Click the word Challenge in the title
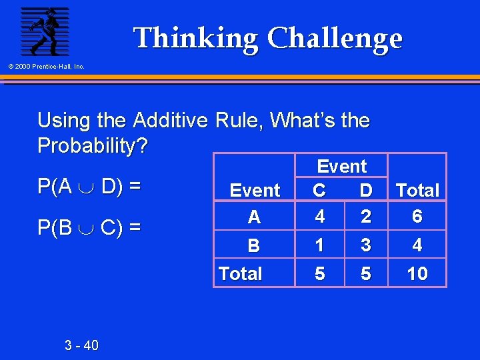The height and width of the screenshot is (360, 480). [x=335, y=39]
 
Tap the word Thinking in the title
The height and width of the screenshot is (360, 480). [x=196, y=39]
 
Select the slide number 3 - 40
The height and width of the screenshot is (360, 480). [x=81, y=345]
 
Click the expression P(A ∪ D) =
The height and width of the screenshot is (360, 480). [x=89, y=187]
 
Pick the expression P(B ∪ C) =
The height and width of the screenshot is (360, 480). [x=89, y=228]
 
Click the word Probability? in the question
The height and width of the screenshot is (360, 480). [x=93, y=145]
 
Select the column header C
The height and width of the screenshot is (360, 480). [x=320, y=191]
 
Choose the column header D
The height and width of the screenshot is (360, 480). [x=365, y=191]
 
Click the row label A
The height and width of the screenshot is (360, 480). [x=254, y=217]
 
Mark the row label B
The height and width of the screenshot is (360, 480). [x=254, y=246]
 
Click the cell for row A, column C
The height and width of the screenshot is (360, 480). [x=320, y=217]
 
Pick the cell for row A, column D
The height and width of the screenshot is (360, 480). [x=365, y=217]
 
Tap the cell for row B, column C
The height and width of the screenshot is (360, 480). [x=320, y=245]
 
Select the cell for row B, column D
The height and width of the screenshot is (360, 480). [x=365, y=245]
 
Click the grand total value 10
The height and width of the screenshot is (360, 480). [x=417, y=273]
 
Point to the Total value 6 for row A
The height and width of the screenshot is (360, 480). [x=417, y=217]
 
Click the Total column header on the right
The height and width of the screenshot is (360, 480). [x=417, y=191]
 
